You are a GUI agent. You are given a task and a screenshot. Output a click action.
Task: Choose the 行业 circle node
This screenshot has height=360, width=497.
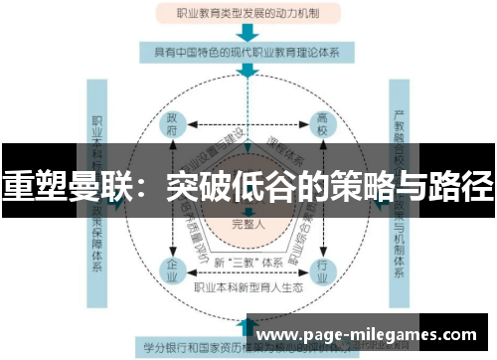point(320,270)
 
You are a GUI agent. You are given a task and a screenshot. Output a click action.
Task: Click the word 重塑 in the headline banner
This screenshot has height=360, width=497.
point(30,186)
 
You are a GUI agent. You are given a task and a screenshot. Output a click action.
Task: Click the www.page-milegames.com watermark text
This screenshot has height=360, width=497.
point(368,335)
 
